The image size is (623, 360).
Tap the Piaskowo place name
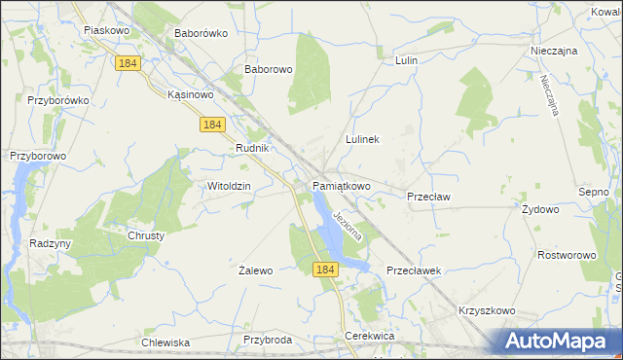pyautogui.click(x=107, y=30)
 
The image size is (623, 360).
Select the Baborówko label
pyautogui.click(x=201, y=33)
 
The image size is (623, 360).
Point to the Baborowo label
pyautogui.click(x=269, y=70)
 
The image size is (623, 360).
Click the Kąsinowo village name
pyautogui.click(x=190, y=95)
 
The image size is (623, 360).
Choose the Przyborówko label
pyautogui.click(x=58, y=100)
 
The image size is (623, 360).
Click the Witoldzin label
pyautogui.click(x=230, y=186)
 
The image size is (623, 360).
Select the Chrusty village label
pyautogui.click(x=146, y=235)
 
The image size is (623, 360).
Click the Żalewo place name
pyautogui.click(x=256, y=271)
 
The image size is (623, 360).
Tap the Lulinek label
pyautogui.click(x=361, y=139)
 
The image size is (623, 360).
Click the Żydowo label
pyautogui.click(x=540, y=209)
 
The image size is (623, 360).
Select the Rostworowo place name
pyautogui.click(x=567, y=255)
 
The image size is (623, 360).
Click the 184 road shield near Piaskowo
pyautogui.click(x=128, y=63)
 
